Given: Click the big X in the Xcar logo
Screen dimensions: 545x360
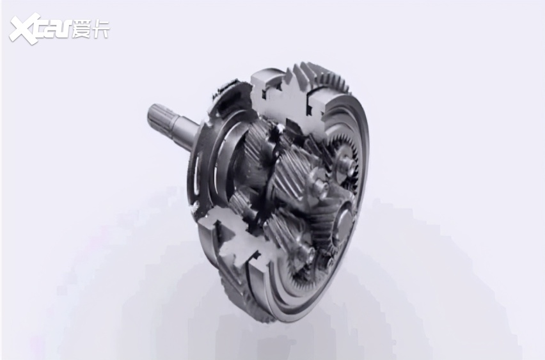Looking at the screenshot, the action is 24,29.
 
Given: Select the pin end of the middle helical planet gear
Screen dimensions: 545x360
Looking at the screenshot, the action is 320,187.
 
